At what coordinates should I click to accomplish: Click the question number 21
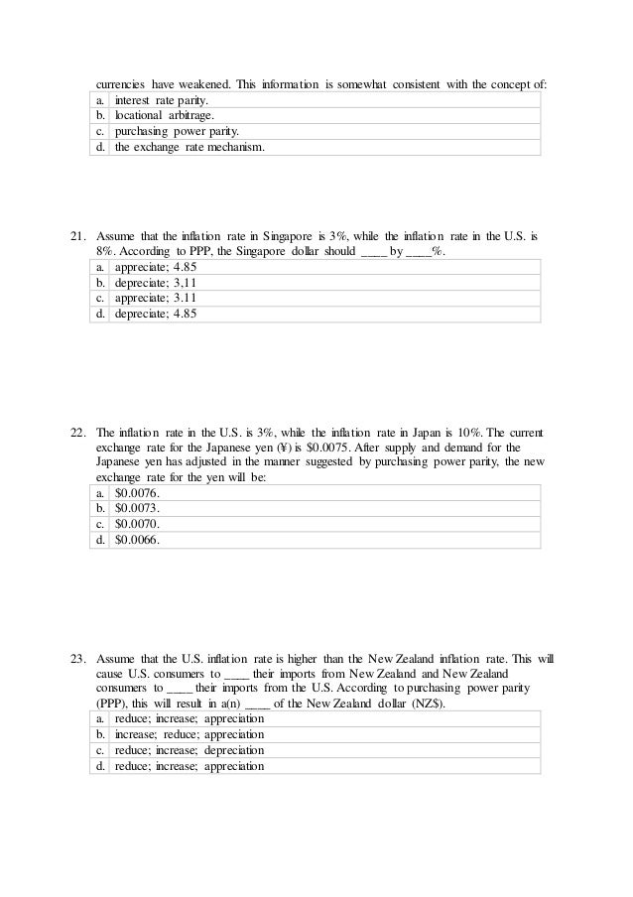point(77,238)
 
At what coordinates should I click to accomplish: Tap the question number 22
point(77,434)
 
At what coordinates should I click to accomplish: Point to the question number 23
point(77,659)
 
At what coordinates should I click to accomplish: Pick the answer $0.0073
point(136,508)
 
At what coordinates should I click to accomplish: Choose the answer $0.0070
point(136,524)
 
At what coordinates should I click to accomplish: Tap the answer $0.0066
point(136,540)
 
